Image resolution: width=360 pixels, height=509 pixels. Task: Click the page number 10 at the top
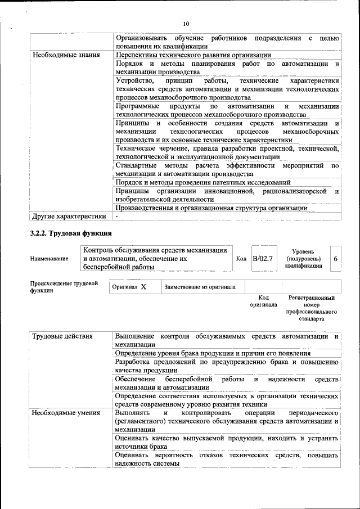click(x=186, y=23)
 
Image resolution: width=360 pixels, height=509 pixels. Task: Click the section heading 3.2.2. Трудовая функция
click(x=71, y=233)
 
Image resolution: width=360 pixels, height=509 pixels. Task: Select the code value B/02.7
click(x=262, y=258)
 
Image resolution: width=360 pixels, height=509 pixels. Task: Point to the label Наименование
click(x=49, y=259)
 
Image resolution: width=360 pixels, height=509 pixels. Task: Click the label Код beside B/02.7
click(x=241, y=259)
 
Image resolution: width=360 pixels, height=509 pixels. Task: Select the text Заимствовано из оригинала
click(x=200, y=287)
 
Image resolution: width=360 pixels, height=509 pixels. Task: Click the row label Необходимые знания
click(x=66, y=55)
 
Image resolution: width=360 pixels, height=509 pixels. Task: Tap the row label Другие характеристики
click(x=69, y=216)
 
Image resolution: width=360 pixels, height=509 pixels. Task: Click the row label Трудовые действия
click(x=62, y=336)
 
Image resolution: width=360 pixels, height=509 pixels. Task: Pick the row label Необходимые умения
click(x=66, y=413)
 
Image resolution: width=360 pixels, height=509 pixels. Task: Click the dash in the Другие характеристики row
click(x=117, y=216)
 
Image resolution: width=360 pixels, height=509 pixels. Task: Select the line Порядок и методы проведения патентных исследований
click(x=202, y=182)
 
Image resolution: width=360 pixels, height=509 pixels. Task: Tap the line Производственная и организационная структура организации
click(x=211, y=208)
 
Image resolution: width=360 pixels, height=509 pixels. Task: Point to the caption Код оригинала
click(x=263, y=301)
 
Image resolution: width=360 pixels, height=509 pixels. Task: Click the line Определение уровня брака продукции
click(x=213, y=353)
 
